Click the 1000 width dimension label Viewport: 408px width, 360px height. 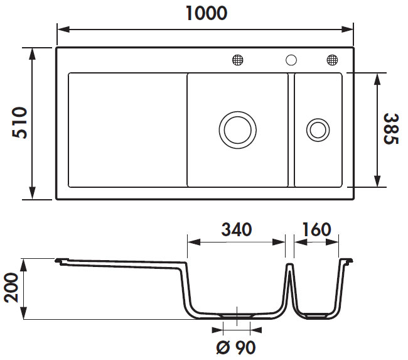pos(207,13)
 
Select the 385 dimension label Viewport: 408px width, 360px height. pos(391,129)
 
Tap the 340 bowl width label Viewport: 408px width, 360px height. pos(237,229)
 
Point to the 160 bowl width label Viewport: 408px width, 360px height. pos(316,229)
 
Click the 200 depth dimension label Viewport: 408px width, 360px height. pos(11,289)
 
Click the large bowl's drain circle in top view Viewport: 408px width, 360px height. pos(237,129)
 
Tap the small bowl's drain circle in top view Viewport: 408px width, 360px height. pos(316,130)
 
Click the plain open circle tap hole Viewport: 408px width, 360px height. pos(291,60)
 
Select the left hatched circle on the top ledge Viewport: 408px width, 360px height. pos(237,60)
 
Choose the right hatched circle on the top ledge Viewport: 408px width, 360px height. pos(331,60)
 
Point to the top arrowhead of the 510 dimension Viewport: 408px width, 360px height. pos(31,50)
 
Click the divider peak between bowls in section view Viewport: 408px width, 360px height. pos(290,266)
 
